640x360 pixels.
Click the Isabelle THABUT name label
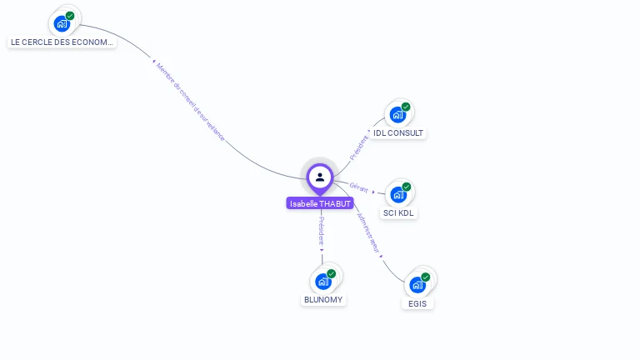(x=320, y=203)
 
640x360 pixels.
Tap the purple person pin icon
(x=320, y=177)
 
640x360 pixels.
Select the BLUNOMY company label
(x=323, y=299)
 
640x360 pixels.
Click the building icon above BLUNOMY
(x=323, y=282)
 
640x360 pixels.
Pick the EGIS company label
(x=417, y=303)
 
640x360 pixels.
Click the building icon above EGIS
(x=417, y=285)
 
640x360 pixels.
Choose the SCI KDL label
(x=398, y=212)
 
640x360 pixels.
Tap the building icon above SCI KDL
(x=398, y=195)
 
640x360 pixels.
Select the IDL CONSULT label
(x=398, y=132)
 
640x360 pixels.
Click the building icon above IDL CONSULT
(x=397, y=115)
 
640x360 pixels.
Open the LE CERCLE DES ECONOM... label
(x=62, y=42)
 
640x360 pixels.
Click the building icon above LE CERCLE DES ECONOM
(x=62, y=24)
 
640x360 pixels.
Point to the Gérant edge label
(x=359, y=187)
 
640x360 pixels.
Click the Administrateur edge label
(x=368, y=232)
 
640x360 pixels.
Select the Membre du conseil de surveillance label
(x=190, y=101)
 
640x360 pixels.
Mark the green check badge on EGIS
(x=426, y=277)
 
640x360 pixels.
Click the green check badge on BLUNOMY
(x=332, y=273)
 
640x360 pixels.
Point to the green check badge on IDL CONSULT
(x=406, y=107)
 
